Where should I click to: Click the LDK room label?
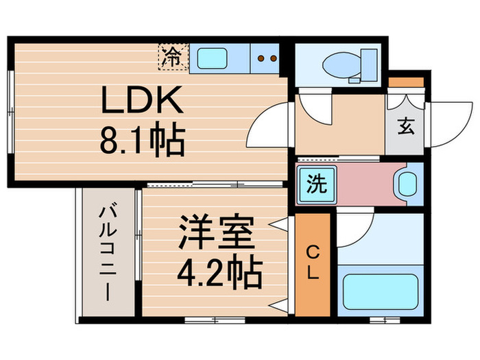pos(142,102)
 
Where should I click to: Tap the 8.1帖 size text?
pos(142,143)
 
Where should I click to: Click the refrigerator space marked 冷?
pos(173,57)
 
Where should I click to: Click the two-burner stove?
pos(266,58)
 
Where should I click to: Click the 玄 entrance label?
pos(406,127)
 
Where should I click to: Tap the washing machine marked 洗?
pos(316,183)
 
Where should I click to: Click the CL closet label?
pos(313,262)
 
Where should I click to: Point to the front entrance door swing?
pos(448,121)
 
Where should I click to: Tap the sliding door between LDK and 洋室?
pos(216,184)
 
